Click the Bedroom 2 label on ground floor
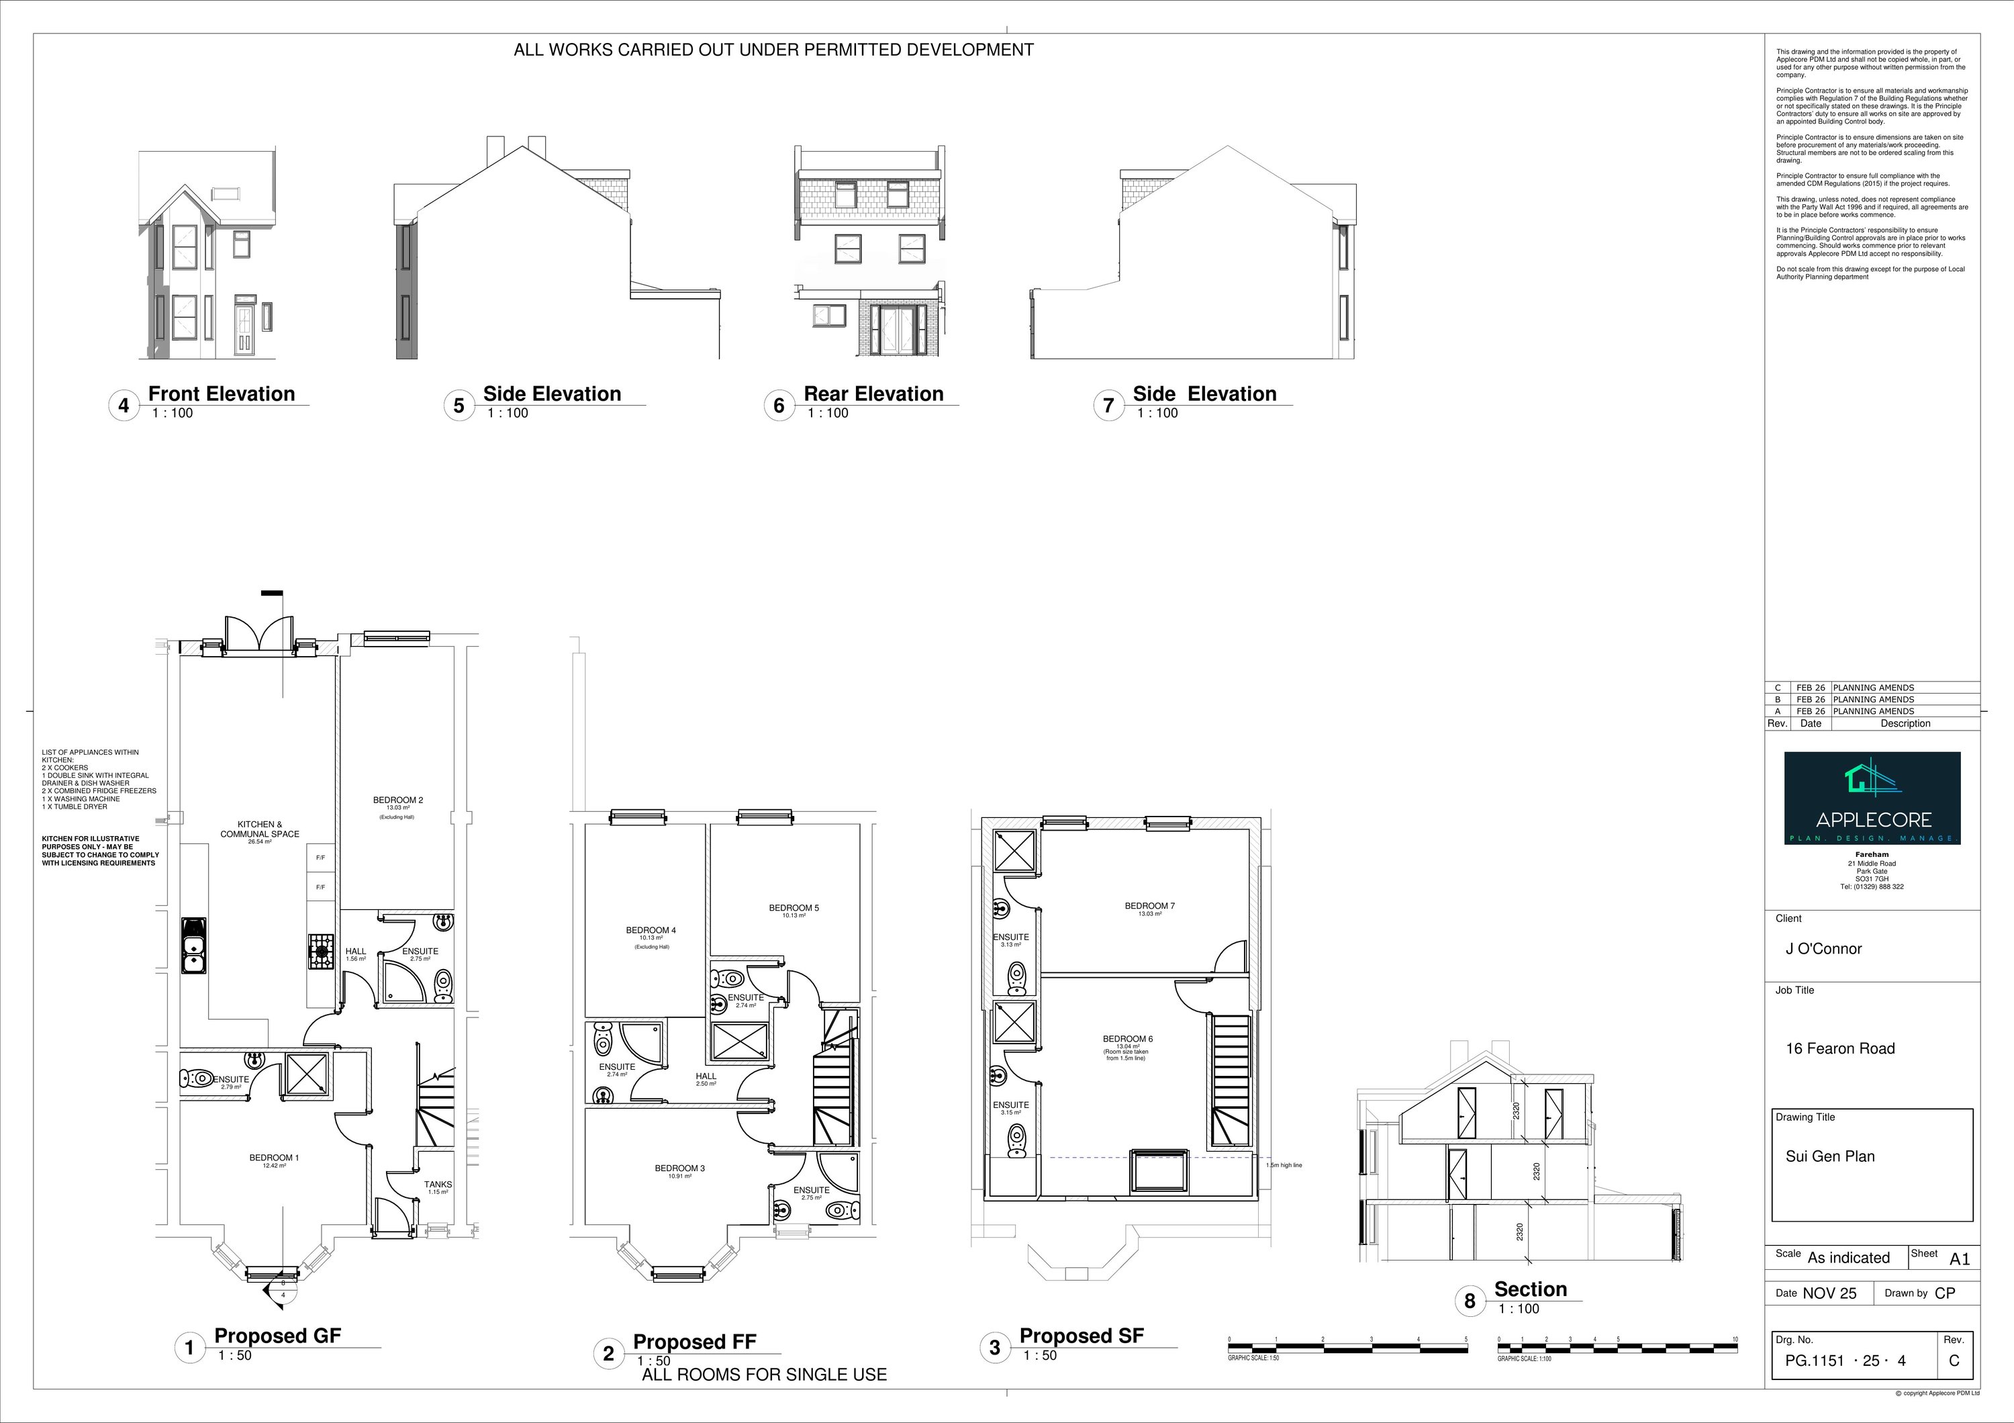[397, 800]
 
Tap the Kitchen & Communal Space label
[260, 829]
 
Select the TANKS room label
[438, 1185]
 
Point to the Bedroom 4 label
[651, 930]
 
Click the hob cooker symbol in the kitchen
[321, 951]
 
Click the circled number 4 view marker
[124, 406]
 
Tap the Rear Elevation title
[873, 394]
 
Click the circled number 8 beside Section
[1470, 1301]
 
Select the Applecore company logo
[1872, 798]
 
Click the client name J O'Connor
[1823, 948]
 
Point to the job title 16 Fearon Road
[1839, 1048]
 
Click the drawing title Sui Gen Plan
[1830, 1156]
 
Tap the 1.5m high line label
[1284, 1165]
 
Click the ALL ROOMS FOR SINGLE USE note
[764, 1375]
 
